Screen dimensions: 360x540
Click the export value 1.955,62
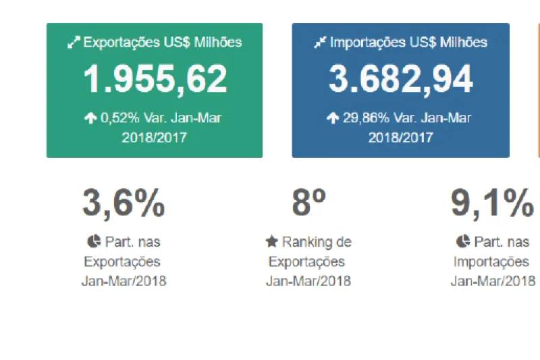[155, 80]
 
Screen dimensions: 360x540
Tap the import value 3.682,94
[400, 80]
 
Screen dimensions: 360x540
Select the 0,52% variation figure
[120, 118]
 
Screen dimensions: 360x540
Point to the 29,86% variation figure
[364, 118]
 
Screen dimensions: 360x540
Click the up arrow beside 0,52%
[90, 118]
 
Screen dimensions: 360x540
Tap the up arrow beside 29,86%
[333, 118]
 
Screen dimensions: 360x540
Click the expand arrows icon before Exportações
[74, 43]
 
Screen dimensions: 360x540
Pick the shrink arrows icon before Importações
[320, 43]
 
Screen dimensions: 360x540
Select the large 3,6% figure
[124, 203]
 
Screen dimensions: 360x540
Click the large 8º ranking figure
[309, 203]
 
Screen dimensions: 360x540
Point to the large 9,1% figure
[492, 203]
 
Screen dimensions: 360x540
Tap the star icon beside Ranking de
[271, 242]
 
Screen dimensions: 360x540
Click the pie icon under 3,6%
[93, 242]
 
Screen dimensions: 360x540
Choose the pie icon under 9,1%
[462, 242]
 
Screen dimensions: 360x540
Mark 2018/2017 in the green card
[155, 137]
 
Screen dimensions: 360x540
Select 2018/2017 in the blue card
[400, 137]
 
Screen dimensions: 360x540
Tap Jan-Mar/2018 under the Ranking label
[308, 281]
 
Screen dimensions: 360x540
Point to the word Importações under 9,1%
[491, 261]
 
